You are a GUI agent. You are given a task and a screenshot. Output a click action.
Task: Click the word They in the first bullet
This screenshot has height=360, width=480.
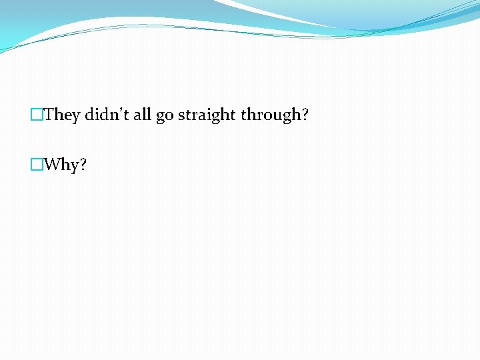[62, 115]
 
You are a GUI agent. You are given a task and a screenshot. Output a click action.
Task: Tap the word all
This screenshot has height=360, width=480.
[143, 115]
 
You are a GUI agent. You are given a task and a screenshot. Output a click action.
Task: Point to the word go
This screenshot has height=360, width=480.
[165, 117]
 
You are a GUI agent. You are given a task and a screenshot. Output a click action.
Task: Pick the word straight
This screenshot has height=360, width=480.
[207, 115]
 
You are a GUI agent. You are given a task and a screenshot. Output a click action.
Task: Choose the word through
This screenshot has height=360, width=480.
[271, 115]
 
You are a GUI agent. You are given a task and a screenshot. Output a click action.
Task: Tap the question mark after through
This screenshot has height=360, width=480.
[305, 115]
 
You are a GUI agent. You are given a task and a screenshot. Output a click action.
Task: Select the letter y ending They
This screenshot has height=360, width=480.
[75, 117]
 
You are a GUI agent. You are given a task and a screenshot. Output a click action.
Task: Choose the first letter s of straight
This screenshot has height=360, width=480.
[181, 117]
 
